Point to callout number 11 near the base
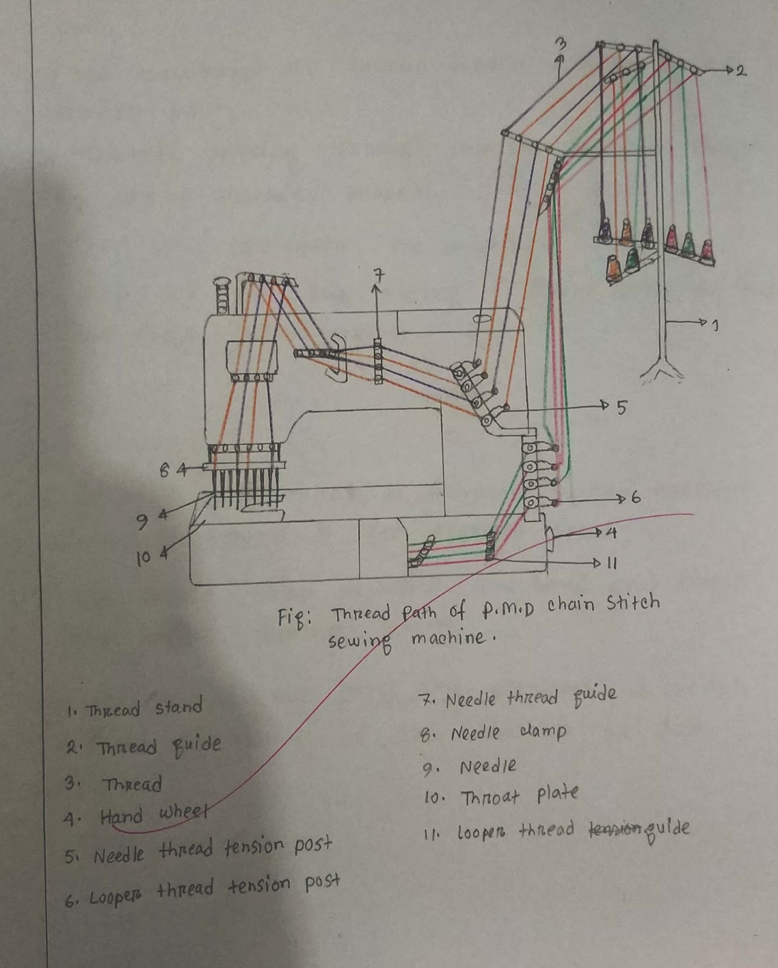click(x=611, y=564)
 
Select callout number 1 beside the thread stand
click(x=715, y=326)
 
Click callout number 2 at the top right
click(x=740, y=71)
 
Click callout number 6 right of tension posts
click(x=635, y=499)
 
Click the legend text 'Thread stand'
click(x=144, y=708)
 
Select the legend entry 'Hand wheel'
click(x=154, y=816)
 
